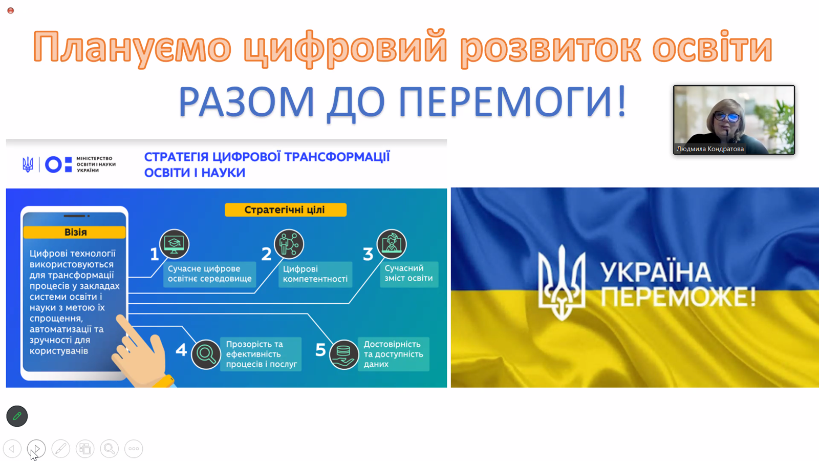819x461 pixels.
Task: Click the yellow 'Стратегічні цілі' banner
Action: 286,209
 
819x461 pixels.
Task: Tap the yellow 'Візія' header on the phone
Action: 75,233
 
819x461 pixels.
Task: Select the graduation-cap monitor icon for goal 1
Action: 175,244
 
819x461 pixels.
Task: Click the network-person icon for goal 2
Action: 289,244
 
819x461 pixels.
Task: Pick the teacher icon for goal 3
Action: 392,244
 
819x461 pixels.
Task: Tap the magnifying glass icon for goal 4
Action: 206,354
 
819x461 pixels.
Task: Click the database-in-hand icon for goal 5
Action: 343,354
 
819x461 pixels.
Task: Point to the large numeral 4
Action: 181,350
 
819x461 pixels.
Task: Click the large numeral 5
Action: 320,350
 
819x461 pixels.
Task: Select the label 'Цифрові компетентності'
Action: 315,274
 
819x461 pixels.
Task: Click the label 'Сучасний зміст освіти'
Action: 408,273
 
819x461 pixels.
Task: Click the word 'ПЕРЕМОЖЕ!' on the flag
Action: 678,297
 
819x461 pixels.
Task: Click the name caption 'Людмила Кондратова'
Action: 709,149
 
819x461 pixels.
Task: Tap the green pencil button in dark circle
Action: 17,416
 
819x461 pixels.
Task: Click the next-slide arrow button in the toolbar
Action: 36,449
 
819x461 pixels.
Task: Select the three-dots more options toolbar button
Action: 134,449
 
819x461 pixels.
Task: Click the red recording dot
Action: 11,11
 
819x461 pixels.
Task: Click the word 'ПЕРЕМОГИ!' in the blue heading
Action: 512,102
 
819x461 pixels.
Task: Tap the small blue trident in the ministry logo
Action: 28,164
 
